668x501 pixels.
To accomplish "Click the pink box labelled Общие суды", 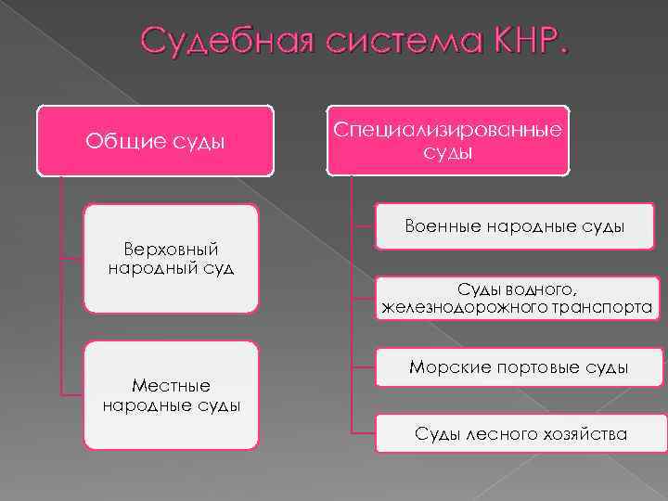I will pyautogui.click(x=155, y=141).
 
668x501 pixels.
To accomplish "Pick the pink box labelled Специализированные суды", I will pyautogui.click(x=447, y=139).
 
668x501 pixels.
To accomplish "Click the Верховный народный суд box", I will pyautogui.click(x=171, y=259).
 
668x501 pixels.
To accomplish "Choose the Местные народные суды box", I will pyautogui.click(x=171, y=395).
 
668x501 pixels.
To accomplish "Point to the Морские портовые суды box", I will pyautogui.click(x=519, y=367).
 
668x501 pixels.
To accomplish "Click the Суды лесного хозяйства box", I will pyautogui.click(x=520, y=433).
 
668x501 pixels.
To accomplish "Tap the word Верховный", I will pyautogui.click(x=171, y=249).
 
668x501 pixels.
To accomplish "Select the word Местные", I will pyautogui.click(x=171, y=385).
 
